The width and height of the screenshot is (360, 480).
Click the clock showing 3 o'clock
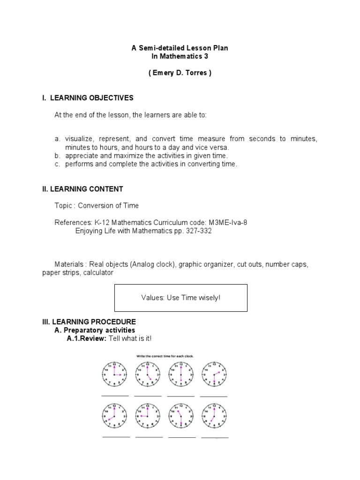113,375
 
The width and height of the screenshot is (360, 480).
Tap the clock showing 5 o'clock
147,375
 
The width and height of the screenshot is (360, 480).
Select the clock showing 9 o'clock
147,416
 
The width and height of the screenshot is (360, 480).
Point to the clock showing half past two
214,375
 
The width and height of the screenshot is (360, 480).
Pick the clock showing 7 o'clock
214,416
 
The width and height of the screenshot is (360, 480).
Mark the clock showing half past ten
180,416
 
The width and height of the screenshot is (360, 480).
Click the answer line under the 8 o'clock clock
116,436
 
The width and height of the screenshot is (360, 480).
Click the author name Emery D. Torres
180,74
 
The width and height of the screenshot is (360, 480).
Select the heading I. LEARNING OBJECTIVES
88,98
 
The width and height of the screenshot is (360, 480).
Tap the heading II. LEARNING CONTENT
82,189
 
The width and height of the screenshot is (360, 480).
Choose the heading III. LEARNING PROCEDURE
89,322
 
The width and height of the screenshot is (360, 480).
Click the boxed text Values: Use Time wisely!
180,298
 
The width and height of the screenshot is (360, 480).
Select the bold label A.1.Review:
87,338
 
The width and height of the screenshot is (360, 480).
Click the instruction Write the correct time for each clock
165,356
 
